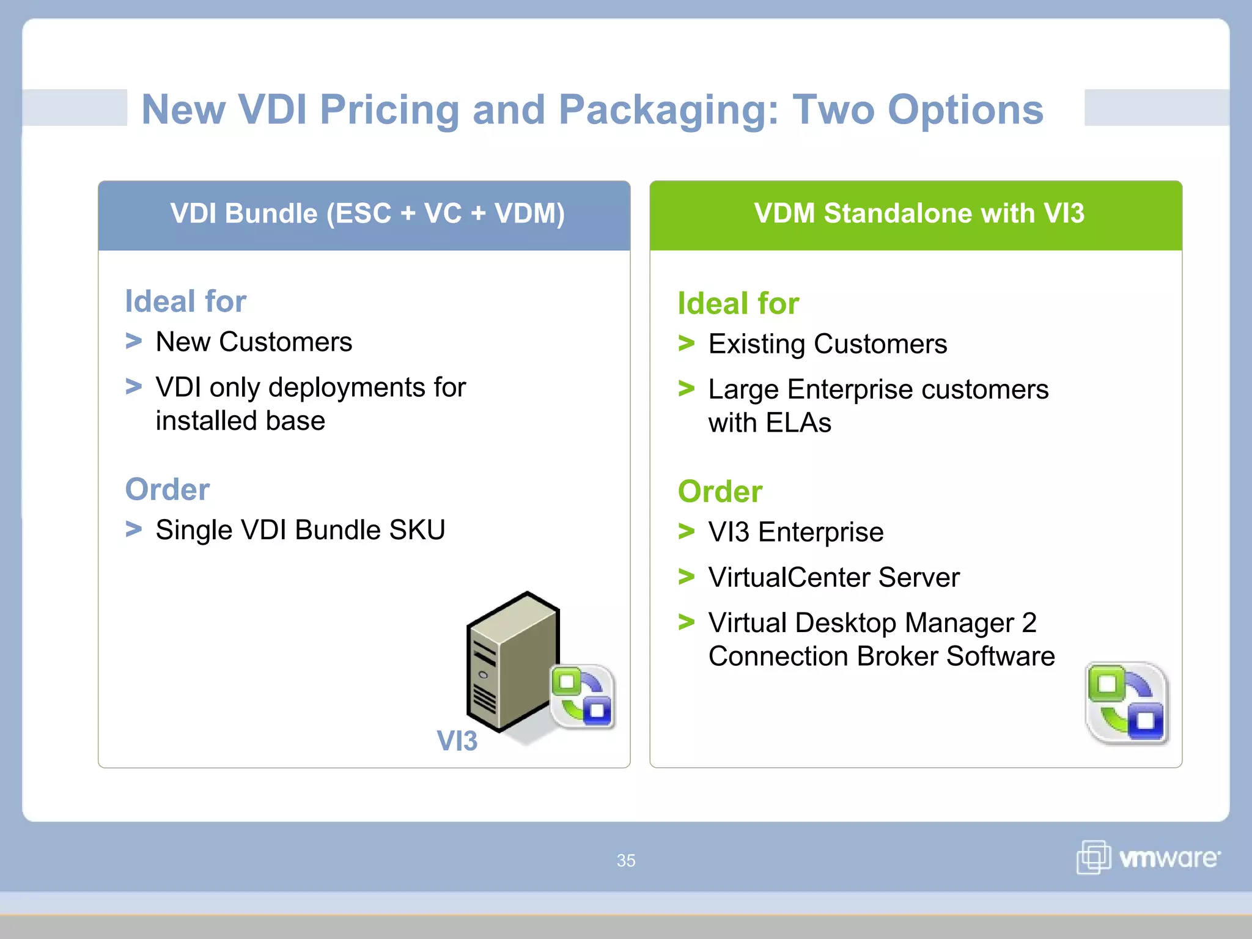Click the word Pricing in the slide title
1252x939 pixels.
click(x=389, y=110)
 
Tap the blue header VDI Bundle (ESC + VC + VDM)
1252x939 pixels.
click(x=367, y=214)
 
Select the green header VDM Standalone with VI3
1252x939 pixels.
click(x=919, y=214)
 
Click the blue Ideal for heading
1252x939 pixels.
click(x=185, y=301)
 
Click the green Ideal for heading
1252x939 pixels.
click(x=738, y=304)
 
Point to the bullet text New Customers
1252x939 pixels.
click(x=254, y=342)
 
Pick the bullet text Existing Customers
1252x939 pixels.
click(x=827, y=344)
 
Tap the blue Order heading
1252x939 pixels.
click(x=167, y=490)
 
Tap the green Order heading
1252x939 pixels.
click(x=720, y=492)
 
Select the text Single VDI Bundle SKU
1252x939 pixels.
click(x=300, y=530)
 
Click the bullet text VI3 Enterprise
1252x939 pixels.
click(x=795, y=532)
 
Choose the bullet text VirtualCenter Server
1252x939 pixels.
click(x=834, y=578)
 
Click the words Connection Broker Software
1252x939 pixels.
click(x=881, y=657)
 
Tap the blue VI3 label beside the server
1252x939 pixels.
click(x=457, y=741)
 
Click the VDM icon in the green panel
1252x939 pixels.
click(x=1127, y=703)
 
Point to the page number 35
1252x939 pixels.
click(x=625, y=861)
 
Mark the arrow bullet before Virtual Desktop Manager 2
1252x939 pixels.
click(x=687, y=622)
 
